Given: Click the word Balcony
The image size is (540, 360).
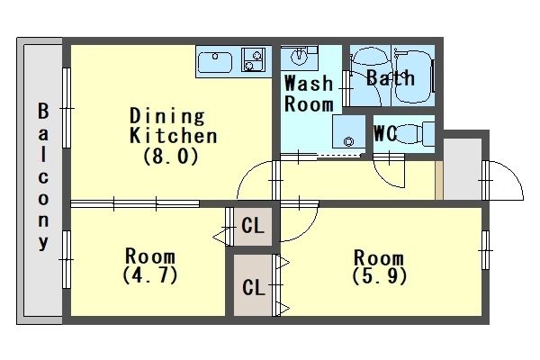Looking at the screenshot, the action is coord(43,176).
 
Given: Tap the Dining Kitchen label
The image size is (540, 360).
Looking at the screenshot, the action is coord(173,125).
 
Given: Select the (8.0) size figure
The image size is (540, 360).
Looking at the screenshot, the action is coord(171,157).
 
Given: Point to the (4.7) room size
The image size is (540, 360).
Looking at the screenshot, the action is coord(150,274).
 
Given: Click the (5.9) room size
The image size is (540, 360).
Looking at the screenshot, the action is coord(379,275).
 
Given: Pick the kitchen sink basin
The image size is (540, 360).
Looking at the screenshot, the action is coord(215,62).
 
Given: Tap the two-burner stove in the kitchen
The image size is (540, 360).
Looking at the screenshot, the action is coord(253,60).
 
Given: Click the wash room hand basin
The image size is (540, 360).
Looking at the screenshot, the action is coord(299,57).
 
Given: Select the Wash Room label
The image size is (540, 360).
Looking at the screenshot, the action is coord(309,94).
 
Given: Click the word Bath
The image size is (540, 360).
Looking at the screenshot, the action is coord(391,77).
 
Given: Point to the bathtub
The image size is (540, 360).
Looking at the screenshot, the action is coord(413,76).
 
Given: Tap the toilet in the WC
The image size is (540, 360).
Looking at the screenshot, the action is coord(415,134).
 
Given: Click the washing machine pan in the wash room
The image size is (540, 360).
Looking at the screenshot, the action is coord(348,131).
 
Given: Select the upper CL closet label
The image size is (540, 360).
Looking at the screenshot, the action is coord(253,226).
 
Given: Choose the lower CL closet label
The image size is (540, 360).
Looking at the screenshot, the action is coord(254,287).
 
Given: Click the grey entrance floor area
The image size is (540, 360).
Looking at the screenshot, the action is coord(463,169).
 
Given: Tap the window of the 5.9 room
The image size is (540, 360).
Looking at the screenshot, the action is coord(485,250).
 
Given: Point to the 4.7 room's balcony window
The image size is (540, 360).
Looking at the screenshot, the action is coord(67,259).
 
